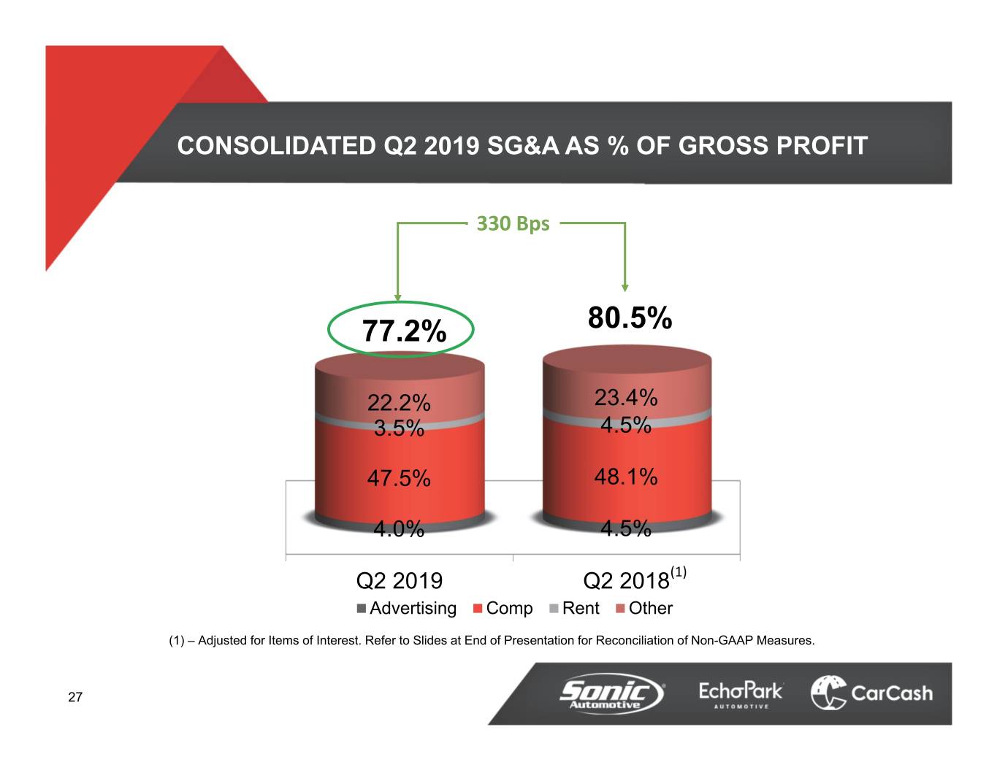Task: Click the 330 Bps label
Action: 513,223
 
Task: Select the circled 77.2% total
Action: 403,331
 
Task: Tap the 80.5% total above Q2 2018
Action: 630,318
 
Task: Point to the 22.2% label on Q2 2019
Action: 399,402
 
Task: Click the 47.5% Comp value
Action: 399,478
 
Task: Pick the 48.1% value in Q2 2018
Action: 626,477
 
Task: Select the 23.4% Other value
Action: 626,397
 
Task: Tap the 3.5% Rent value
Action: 399,428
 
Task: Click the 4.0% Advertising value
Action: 399,528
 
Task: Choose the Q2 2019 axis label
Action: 399,581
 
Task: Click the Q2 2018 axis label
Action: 627,581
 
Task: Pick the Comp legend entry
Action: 503,608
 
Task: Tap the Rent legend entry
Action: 574,608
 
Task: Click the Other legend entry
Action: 644,608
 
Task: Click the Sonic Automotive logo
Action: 611,693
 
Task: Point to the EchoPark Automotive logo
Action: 740,693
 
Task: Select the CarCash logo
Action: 872,693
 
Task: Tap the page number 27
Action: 75,697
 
